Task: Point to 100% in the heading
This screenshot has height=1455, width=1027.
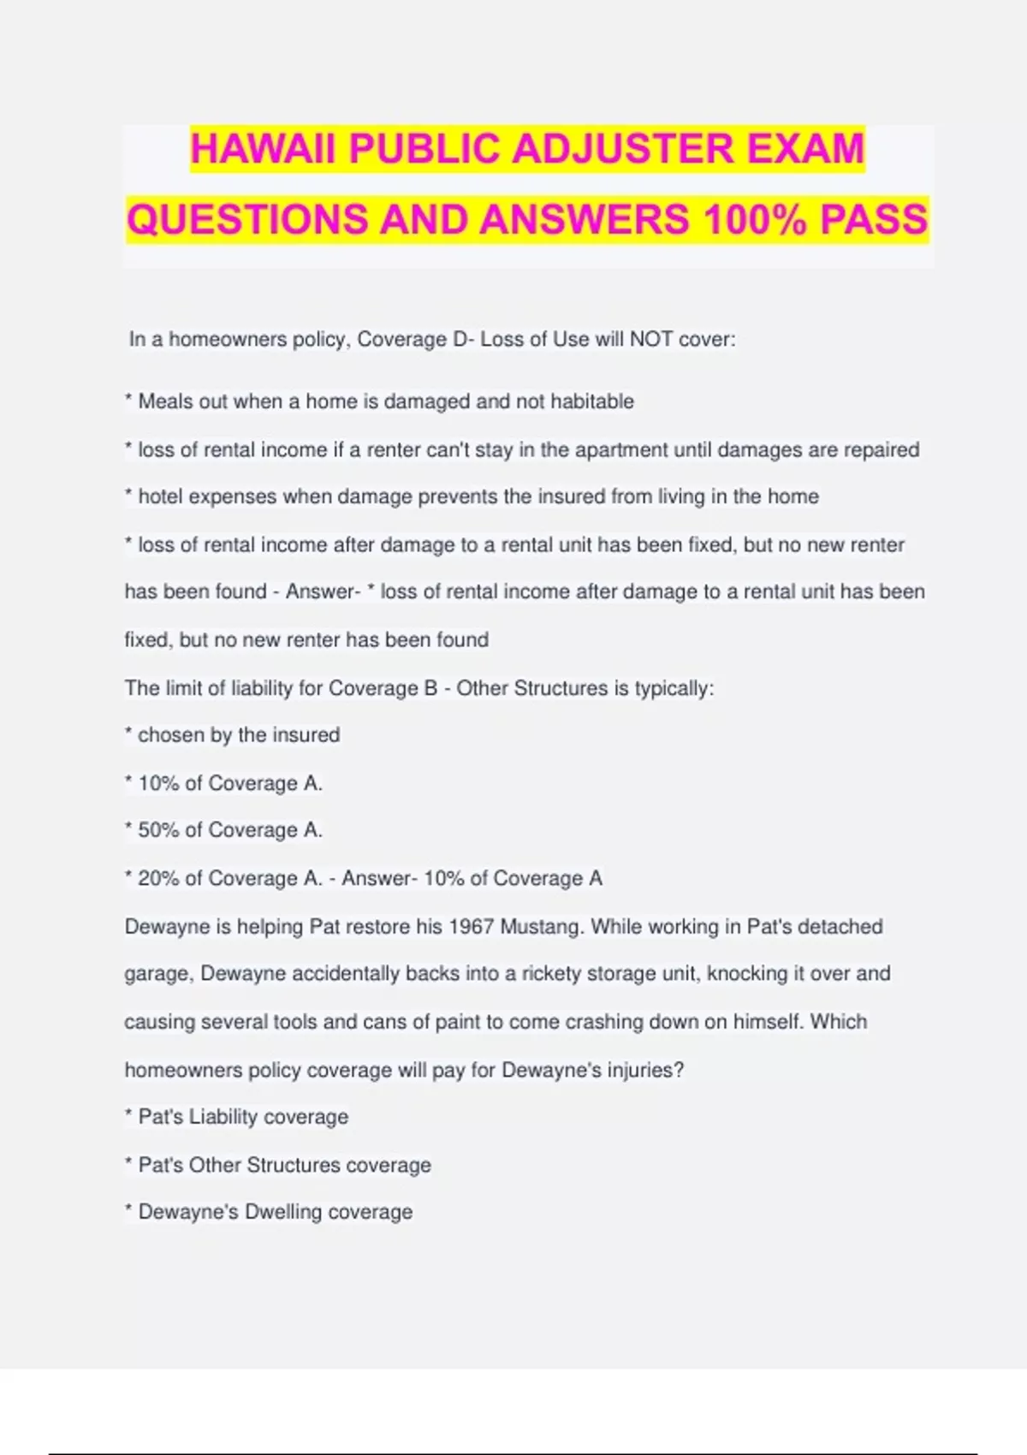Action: click(x=754, y=219)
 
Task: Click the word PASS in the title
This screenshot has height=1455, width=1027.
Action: click(x=874, y=219)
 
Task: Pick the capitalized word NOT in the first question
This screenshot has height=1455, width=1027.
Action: click(x=651, y=340)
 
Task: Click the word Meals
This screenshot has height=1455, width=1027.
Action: click(x=165, y=401)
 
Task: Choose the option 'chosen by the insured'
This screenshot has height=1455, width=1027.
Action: click(x=238, y=735)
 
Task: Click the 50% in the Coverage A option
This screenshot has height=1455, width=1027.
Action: click(x=158, y=830)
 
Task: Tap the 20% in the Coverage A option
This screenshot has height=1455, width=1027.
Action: click(x=158, y=878)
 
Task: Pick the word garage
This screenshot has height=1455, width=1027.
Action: click(x=155, y=974)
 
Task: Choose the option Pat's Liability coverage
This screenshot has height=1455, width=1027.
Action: click(x=243, y=1117)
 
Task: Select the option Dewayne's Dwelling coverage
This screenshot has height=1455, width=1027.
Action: click(x=275, y=1212)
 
